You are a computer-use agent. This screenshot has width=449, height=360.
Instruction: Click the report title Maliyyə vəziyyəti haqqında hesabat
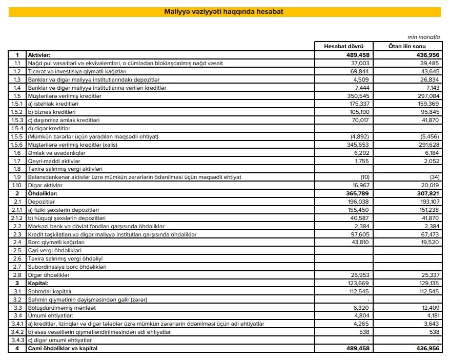coord(223,11)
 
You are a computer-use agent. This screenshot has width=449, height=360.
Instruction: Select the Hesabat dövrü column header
coord(344,46)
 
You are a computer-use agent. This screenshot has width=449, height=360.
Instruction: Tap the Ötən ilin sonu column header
coord(409,46)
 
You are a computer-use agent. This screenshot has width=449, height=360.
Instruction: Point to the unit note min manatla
coord(424,37)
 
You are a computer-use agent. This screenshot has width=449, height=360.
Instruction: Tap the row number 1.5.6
coord(17,145)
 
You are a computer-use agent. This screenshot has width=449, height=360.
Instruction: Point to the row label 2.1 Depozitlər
coord(42,202)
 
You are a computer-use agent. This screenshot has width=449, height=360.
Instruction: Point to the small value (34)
coord(433,177)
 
